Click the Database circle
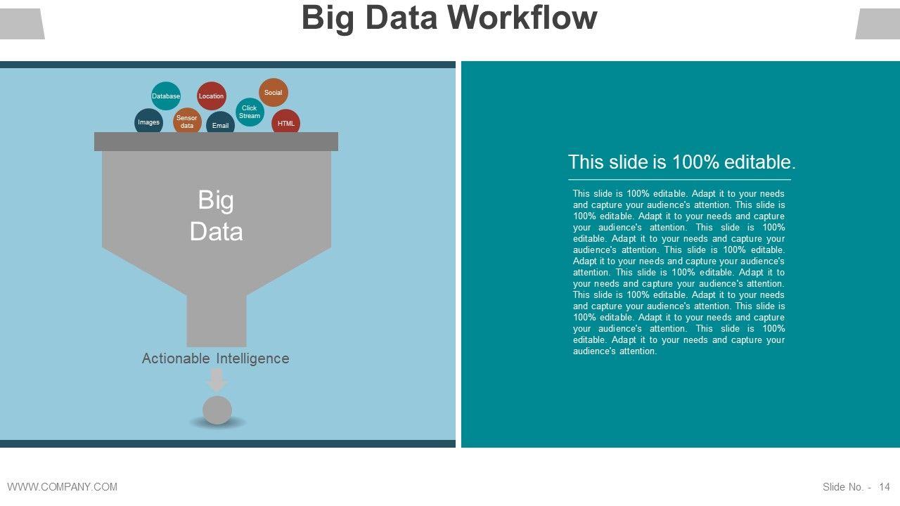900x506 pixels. click(166, 96)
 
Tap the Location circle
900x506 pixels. click(211, 96)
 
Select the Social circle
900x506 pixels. click(274, 93)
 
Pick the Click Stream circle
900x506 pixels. click(250, 112)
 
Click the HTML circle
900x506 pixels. click(286, 122)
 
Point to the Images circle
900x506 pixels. click(148, 122)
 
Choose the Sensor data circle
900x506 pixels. click(187, 121)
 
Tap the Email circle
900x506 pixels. click(221, 124)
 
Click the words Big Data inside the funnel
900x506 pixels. click(216, 216)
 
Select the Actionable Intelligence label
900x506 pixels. click(215, 358)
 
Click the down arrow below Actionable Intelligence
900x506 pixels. click(217, 380)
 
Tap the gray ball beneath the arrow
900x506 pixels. click(217, 410)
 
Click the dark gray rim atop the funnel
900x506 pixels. click(216, 141)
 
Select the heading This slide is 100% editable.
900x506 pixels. click(681, 162)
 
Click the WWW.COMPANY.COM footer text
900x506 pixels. click(63, 486)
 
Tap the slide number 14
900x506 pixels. click(885, 487)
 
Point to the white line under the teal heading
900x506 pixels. click(679, 180)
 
